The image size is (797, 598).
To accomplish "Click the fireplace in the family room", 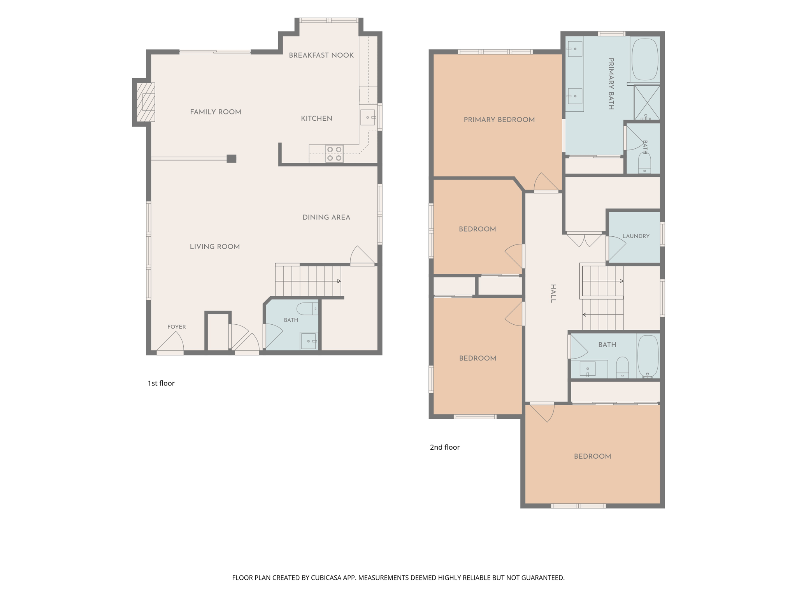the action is [146, 102].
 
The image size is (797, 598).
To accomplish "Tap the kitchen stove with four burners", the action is [334, 153].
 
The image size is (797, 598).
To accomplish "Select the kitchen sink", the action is [367, 117].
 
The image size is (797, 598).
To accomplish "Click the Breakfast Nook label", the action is [321, 55].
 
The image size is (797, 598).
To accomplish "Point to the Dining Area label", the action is [326, 217].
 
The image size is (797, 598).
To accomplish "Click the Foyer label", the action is [176, 327].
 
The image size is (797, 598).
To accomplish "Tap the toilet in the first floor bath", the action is [307, 309].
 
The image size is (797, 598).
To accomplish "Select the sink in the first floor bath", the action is [309, 341].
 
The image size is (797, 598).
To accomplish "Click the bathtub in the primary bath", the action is [645, 60].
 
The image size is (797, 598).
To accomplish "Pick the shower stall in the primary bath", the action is [647, 102].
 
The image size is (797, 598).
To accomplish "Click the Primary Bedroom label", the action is [499, 120].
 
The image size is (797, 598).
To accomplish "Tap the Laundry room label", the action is [636, 236].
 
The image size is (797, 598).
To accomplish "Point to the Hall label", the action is [553, 293].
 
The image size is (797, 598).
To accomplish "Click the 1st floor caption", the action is [161, 383].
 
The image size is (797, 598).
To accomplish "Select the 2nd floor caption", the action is [444, 447].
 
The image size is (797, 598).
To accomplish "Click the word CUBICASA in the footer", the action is [326, 578].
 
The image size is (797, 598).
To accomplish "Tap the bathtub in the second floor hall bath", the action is [648, 356].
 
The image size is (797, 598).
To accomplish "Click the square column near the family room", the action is [232, 158].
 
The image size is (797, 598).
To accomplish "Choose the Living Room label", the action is [214, 246].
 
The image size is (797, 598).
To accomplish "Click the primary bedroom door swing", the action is [546, 182].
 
